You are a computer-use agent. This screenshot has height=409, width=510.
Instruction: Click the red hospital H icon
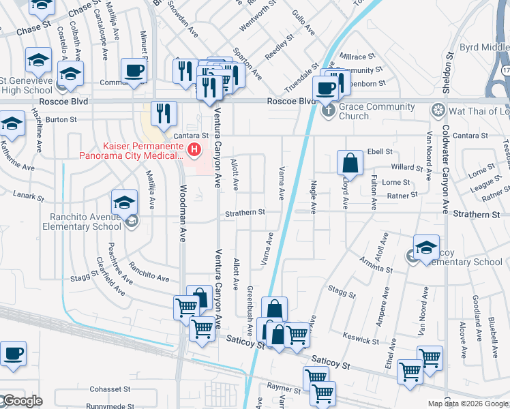pos(194,149)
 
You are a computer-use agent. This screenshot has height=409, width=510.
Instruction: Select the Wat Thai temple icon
pos(438,111)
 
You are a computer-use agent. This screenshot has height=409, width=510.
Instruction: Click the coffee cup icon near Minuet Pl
pos(133,70)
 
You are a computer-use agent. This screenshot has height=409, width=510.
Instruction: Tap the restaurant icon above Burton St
pos(164,112)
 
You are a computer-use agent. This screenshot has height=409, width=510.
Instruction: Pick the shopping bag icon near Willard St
pos(350,163)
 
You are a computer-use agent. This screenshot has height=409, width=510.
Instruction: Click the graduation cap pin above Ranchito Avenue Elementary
pos(125,202)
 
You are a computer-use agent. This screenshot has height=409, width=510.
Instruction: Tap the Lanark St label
pos(28,196)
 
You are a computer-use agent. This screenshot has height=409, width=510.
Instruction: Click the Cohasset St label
pos(110,389)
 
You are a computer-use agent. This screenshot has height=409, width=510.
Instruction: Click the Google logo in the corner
pos(22,401)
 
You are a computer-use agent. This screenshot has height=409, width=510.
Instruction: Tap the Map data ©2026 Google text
pos(468,404)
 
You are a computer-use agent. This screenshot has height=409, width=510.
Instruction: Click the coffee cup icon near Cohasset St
pos(13,354)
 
